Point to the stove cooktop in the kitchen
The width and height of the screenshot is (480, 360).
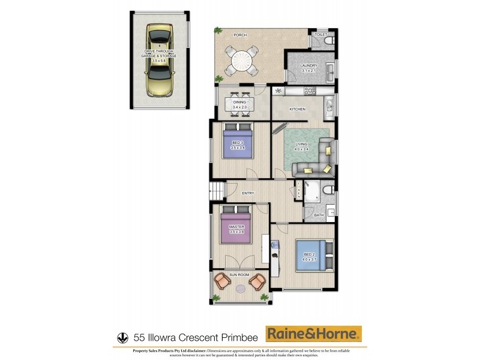(310, 91)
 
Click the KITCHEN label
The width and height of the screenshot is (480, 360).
(298, 109)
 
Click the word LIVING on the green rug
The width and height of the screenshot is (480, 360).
(301, 144)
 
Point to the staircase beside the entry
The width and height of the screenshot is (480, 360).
(217, 193)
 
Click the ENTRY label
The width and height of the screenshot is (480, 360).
(248, 193)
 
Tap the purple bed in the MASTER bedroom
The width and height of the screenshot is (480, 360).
(235, 227)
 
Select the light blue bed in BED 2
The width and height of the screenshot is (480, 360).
(311, 257)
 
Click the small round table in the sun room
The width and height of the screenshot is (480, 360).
(240, 288)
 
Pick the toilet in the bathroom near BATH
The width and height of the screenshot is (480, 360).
(328, 190)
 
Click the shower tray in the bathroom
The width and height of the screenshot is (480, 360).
(312, 192)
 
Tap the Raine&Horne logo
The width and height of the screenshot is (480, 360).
(314, 333)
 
